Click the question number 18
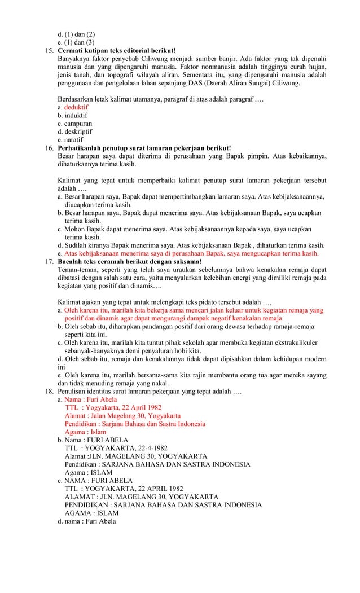point(49,391)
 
